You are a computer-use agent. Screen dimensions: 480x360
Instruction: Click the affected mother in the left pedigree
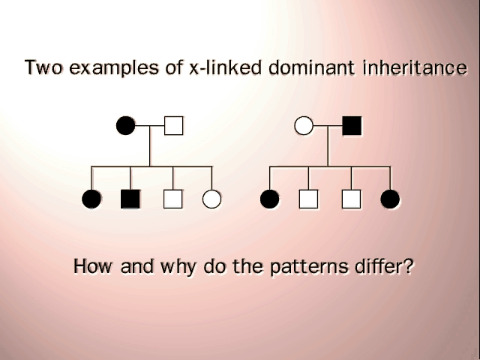click(x=125, y=125)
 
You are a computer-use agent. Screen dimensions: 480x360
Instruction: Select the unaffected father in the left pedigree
click(x=174, y=125)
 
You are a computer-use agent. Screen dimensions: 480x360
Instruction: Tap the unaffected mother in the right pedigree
click(x=304, y=125)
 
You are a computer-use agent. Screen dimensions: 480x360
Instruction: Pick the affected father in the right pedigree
click(x=352, y=125)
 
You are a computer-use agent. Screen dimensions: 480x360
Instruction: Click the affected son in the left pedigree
click(x=130, y=199)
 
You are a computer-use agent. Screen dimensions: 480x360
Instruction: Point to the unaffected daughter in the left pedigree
click(x=211, y=199)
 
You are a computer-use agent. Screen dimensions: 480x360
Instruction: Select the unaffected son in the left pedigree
click(x=173, y=199)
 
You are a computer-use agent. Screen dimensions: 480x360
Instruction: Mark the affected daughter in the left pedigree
click(x=91, y=199)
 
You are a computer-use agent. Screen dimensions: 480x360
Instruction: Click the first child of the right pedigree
click(x=270, y=199)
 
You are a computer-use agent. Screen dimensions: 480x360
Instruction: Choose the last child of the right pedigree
click(x=390, y=199)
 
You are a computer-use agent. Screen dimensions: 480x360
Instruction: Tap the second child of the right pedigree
click(x=308, y=199)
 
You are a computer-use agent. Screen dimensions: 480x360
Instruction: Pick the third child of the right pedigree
click(x=351, y=199)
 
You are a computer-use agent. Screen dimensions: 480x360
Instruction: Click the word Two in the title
click(x=43, y=67)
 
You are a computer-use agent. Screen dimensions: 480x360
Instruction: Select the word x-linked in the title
click(x=226, y=67)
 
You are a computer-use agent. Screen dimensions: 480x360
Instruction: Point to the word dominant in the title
click(x=312, y=67)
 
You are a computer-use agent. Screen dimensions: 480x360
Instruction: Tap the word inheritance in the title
click(x=415, y=67)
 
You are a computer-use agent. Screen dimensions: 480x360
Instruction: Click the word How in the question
click(x=93, y=266)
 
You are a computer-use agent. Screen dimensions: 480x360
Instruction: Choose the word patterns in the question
click(x=309, y=267)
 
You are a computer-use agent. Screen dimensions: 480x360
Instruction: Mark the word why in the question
click(x=178, y=267)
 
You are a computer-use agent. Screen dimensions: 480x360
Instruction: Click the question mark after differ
click(x=406, y=266)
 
